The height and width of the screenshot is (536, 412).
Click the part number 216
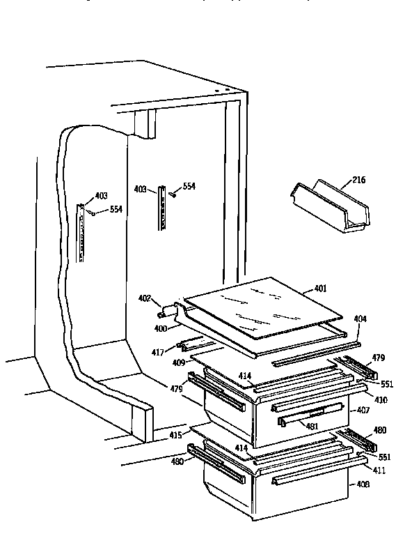tap(358, 180)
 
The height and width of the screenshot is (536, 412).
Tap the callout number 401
tap(320, 288)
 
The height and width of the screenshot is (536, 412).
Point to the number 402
tap(145, 298)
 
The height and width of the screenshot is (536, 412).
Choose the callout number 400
tap(161, 327)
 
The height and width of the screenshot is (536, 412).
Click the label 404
tap(360, 319)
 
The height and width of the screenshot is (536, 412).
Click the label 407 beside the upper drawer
tap(364, 411)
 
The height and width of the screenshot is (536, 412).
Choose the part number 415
tap(175, 436)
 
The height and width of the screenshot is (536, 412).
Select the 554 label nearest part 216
tap(189, 186)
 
